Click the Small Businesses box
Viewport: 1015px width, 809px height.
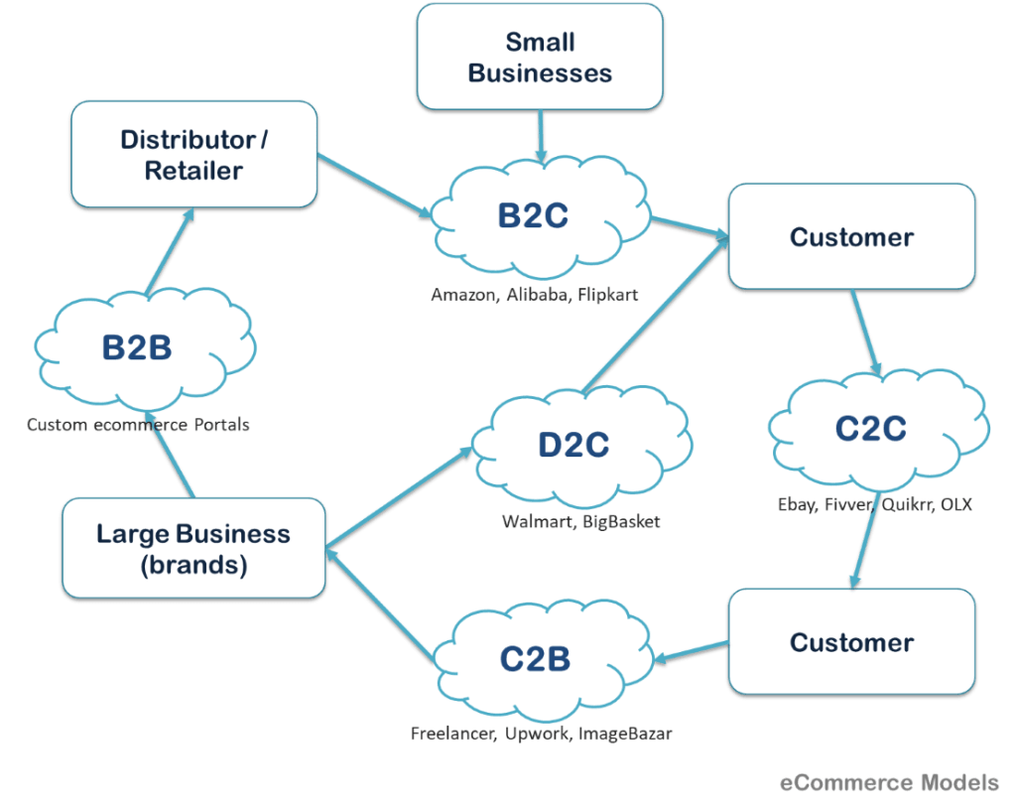(540, 57)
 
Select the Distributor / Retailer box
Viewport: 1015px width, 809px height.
(193, 154)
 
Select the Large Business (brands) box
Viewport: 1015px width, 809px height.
(193, 550)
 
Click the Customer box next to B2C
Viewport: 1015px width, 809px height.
(851, 237)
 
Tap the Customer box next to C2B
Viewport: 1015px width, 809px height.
(851, 642)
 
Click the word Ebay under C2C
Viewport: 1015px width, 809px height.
(797, 504)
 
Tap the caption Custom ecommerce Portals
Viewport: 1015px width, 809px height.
(138, 425)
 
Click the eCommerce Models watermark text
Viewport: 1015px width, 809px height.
(890, 782)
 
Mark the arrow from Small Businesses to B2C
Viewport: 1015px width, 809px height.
(540, 134)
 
